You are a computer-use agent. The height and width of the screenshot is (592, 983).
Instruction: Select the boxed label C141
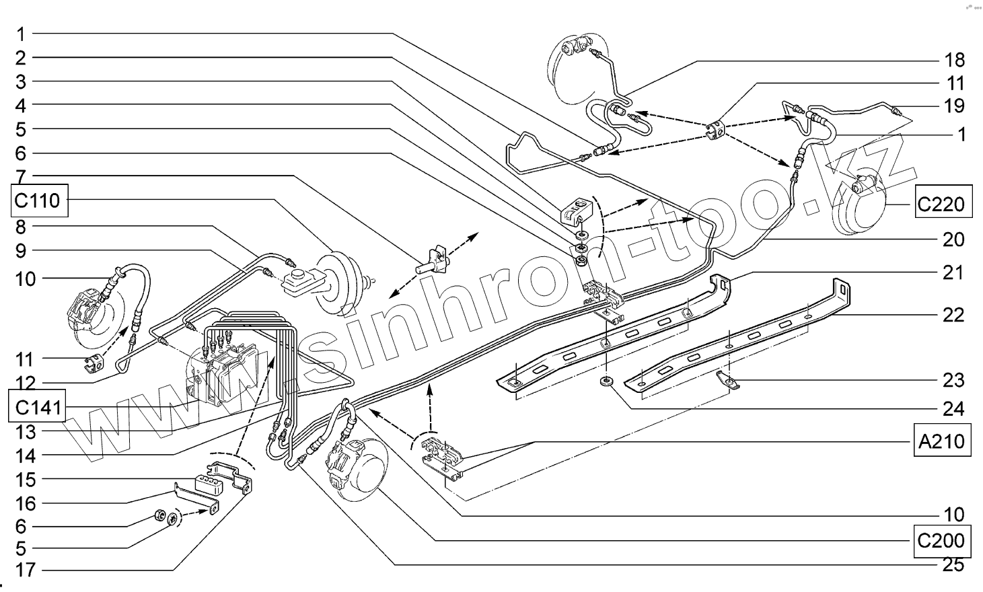pos(38,406)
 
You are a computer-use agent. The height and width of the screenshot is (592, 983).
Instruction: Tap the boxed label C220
pos(943,203)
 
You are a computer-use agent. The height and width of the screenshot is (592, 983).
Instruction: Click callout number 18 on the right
pos(954,60)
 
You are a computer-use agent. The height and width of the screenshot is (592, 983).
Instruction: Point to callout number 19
pos(954,106)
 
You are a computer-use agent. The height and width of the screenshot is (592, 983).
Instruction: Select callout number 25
pos(954,564)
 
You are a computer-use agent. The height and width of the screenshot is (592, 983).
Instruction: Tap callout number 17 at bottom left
pos(25,570)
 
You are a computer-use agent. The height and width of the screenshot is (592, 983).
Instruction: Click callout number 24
pos(954,408)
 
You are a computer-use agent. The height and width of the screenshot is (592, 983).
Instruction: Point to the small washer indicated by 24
pos(606,383)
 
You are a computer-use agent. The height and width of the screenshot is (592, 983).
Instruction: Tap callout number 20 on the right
pos(954,239)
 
